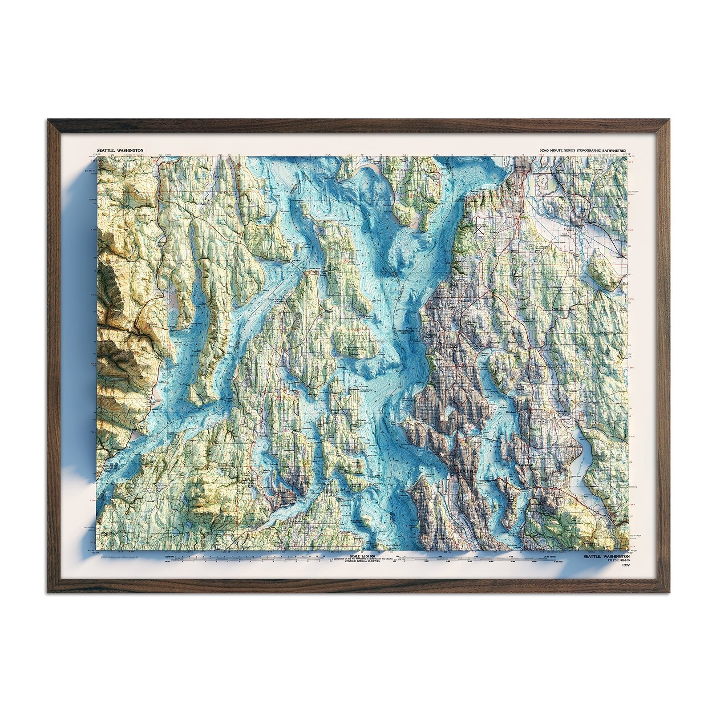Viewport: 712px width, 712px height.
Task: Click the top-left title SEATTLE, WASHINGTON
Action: (x=117, y=151)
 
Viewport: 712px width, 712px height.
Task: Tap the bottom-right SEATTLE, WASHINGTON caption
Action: (x=606, y=556)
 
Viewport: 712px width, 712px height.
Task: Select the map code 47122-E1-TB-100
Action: (x=613, y=562)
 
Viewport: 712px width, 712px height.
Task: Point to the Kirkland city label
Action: (x=511, y=413)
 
